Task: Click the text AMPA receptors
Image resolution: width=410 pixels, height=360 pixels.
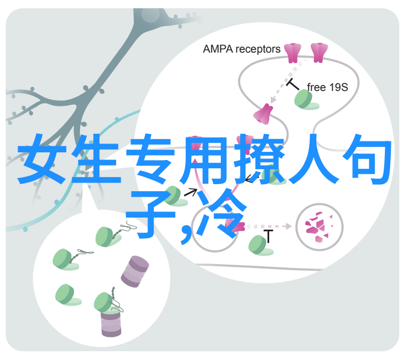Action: (x=242, y=49)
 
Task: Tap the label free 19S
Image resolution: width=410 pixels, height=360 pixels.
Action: (x=327, y=87)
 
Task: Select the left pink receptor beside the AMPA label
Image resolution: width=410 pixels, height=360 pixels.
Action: (x=293, y=53)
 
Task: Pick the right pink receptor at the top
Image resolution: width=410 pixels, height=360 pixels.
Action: (x=318, y=53)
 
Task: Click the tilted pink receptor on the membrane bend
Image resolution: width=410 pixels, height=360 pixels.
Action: (x=263, y=113)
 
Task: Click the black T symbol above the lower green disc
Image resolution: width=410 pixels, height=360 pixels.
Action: (x=268, y=237)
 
